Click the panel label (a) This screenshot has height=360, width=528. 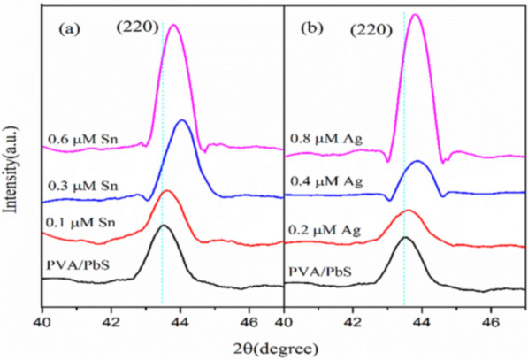tap(70, 28)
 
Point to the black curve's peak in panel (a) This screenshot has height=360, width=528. tap(163, 226)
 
